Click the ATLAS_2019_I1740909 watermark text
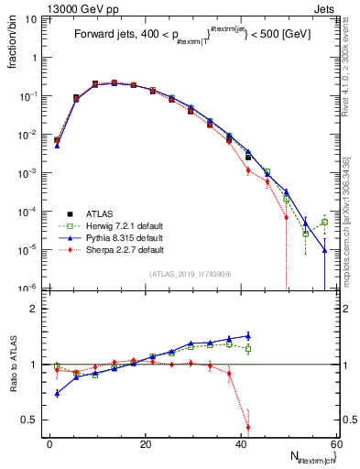[x=190, y=274]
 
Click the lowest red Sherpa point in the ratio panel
[x=248, y=427]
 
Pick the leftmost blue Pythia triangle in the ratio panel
[x=57, y=393]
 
